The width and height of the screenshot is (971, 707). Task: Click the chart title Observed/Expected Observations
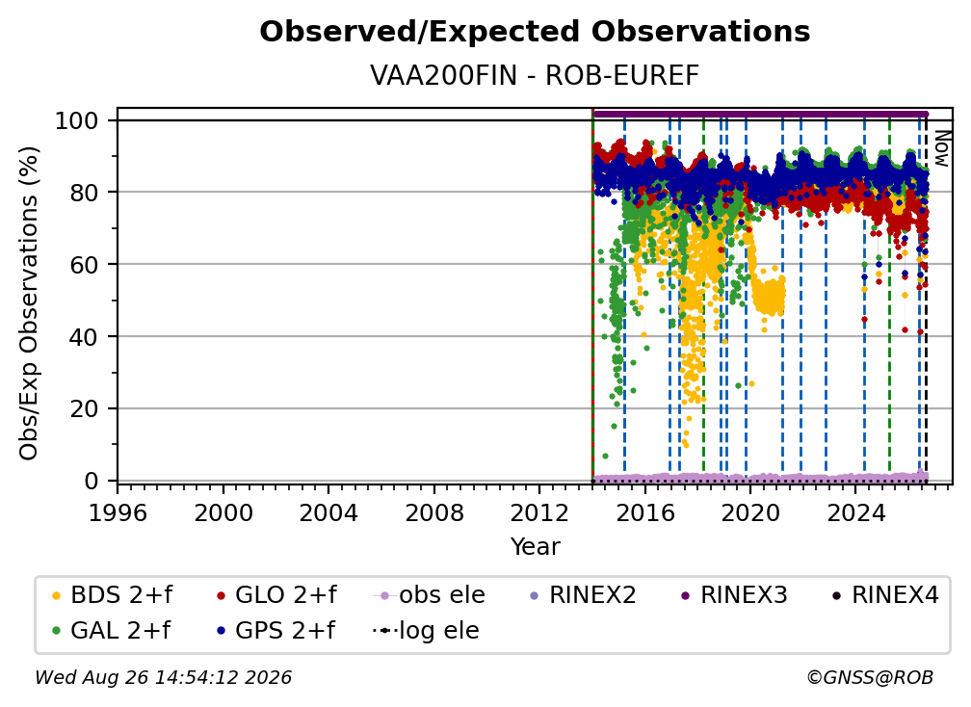pyautogui.click(x=535, y=32)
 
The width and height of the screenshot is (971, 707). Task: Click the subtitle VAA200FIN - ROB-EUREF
pyautogui.click(x=535, y=75)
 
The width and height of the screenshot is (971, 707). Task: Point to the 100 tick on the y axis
pyautogui.click(x=77, y=120)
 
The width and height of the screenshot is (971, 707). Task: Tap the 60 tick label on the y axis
pyautogui.click(x=84, y=264)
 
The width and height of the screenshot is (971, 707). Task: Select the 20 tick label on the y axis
pyautogui.click(x=84, y=408)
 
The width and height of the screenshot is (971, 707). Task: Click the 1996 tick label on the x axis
pyautogui.click(x=118, y=512)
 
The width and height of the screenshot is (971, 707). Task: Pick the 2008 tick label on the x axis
pyautogui.click(x=434, y=512)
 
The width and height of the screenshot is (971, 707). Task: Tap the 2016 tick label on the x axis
pyautogui.click(x=644, y=512)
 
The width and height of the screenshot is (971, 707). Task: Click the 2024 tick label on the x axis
pyautogui.click(x=855, y=512)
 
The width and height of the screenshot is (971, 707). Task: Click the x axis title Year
pyautogui.click(x=535, y=546)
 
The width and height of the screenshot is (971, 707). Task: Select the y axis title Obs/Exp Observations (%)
pyautogui.click(x=29, y=303)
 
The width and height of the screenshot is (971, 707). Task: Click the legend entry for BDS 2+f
pyautogui.click(x=112, y=595)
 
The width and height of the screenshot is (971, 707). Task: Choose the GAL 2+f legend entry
pyautogui.click(x=111, y=630)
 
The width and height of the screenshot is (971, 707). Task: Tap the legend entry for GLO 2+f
pyautogui.click(x=276, y=595)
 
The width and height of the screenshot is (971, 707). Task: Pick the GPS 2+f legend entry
pyautogui.click(x=276, y=630)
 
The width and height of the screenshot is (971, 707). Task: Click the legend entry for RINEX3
pyautogui.click(x=734, y=595)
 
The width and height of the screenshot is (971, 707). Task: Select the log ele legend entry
pyautogui.click(x=426, y=630)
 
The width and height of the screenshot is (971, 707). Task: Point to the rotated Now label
pyautogui.click(x=941, y=148)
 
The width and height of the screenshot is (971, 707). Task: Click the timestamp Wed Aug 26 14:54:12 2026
pyautogui.click(x=163, y=677)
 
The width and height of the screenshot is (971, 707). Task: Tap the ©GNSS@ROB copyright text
pyautogui.click(x=870, y=677)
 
